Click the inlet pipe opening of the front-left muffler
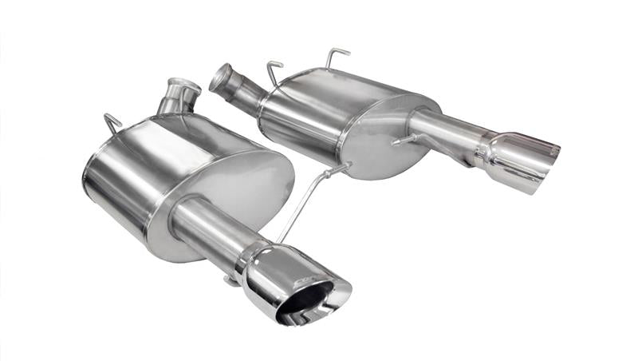[184, 84]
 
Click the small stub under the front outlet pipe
[230, 280]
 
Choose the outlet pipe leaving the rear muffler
[443, 132]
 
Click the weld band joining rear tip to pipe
[484, 152]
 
